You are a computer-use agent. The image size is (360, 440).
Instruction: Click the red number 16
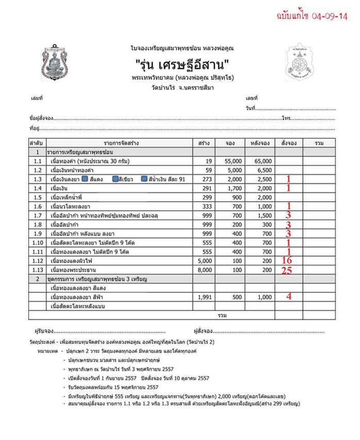click(287, 261)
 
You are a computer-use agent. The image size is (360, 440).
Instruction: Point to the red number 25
click(287, 270)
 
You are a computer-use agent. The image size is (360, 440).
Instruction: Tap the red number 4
click(289, 297)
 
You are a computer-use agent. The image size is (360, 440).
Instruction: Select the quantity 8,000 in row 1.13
click(205, 270)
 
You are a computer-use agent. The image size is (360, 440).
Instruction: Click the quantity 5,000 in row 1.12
click(205, 261)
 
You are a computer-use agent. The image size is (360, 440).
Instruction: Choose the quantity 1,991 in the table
click(205, 297)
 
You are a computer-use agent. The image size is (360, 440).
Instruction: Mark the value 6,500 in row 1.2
click(263, 170)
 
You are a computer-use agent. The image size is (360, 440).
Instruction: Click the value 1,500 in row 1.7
click(263, 215)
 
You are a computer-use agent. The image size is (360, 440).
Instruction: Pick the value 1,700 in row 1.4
click(234, 188)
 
